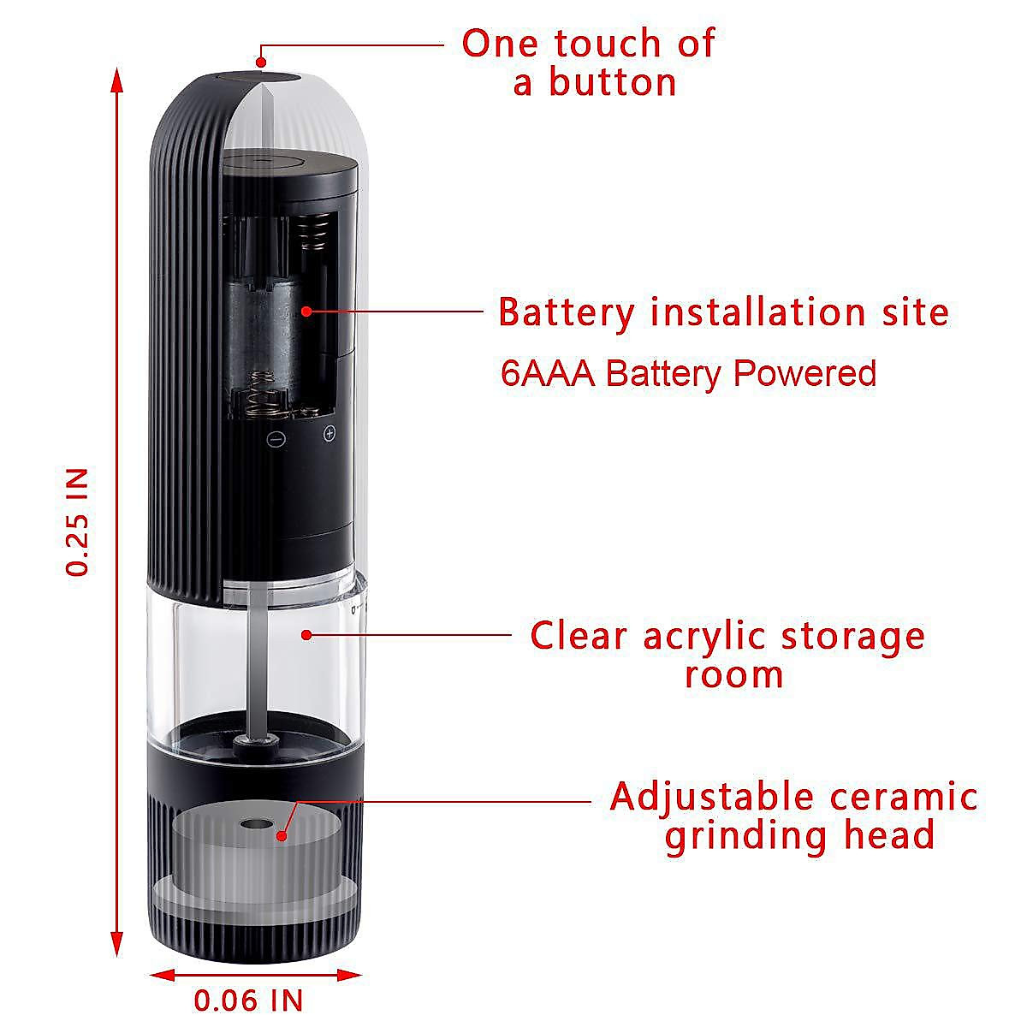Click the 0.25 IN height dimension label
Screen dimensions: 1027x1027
pos(79,521)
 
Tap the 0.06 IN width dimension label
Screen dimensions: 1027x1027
pos(248,1000)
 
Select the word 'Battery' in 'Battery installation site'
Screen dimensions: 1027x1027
pos(567,312)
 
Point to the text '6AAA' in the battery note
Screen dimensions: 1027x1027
pos(548,374)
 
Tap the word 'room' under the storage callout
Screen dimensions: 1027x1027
pos(734,674)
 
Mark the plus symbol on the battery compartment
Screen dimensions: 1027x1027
pos(329,435)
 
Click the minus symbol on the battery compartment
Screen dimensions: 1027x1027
pos(276,439)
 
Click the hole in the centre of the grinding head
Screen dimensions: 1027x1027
pos(252,827)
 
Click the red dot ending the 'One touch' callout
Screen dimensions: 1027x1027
pos(262,60)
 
